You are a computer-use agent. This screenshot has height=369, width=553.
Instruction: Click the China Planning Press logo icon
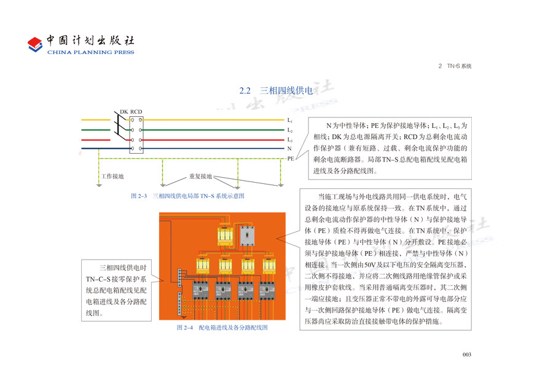click(35, 44)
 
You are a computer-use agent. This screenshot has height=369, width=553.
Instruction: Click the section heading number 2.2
click(246, 90)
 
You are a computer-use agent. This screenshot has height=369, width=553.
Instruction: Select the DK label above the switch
click(124, 111)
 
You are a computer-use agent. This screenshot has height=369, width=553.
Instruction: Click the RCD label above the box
click(136, 111)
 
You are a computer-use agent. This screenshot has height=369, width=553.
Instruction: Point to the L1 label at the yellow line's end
click(290, 121)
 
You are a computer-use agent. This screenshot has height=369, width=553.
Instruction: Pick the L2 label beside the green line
click(290, 130)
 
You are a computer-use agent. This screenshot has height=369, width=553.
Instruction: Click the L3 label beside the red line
click(290, 140)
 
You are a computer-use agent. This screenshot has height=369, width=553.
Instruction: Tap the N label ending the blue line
click(289, 149)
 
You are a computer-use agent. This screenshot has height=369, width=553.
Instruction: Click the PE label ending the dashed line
click(291, 159)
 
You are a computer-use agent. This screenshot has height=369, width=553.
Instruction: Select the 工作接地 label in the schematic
click(112, 177)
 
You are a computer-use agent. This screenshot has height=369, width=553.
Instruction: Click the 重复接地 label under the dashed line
click(200, 177)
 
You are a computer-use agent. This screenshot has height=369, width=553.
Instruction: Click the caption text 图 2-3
click(140, 196)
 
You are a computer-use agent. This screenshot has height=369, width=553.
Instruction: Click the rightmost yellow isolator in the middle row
click(269, 266)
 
